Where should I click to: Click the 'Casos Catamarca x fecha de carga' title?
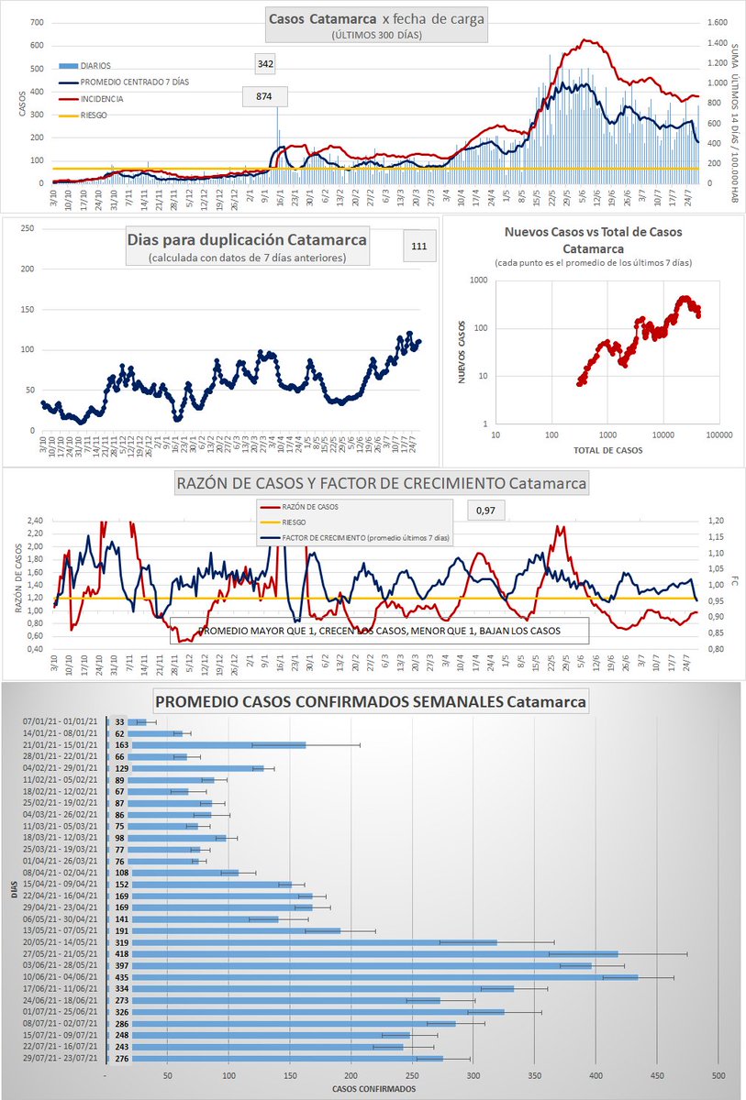click(x=376, y=19)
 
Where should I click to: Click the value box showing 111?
click(x=420, y=246)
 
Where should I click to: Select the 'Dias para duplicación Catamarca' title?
click(x=246, y=239)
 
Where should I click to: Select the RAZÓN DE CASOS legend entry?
click(x=311, y=505)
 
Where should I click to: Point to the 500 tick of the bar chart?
click(x=718, y=1074)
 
